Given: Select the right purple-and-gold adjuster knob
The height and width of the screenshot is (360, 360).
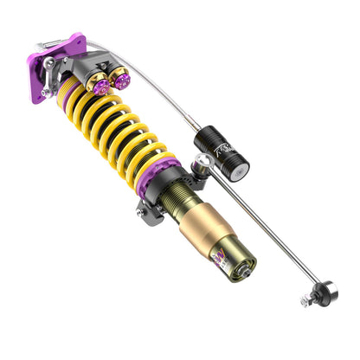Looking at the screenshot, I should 120,81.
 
